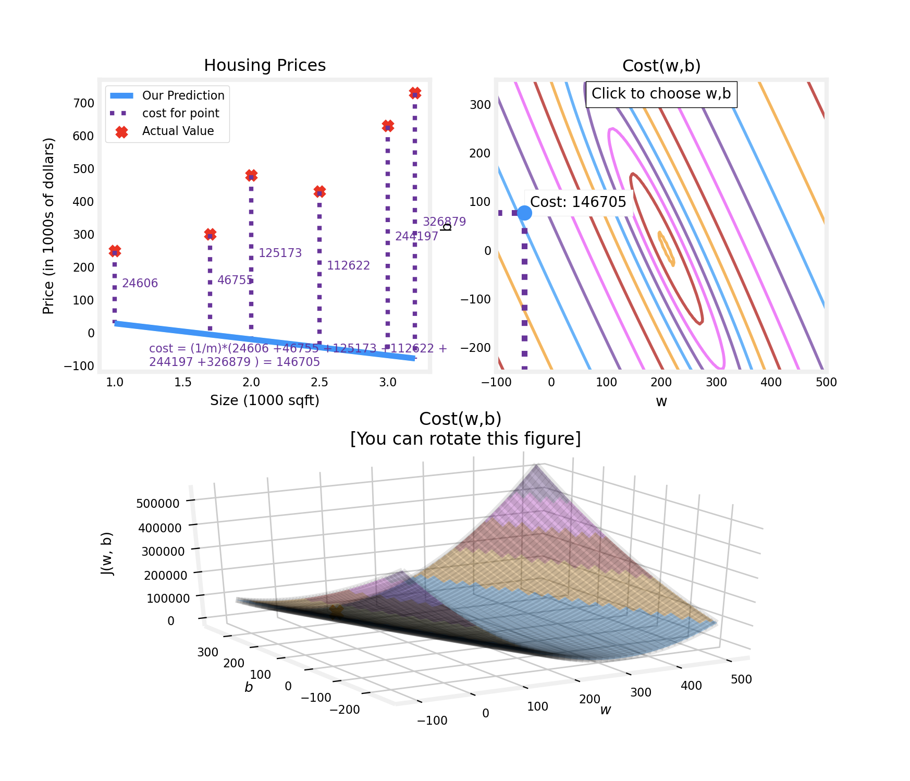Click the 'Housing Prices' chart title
(x=265, y=65)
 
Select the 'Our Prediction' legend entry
(x=183, y=95)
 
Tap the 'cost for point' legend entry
(x=180, y=113)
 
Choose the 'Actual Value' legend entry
(x=178, y=131)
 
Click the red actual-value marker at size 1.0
(x=115, y=251)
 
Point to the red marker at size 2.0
(x=251, y=176)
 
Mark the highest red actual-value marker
(x=415, y=93)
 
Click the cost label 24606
(x=140, y=283)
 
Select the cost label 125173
(x=280, y=253)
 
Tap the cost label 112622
(x=348, y=265)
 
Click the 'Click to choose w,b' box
(x=661, y=94)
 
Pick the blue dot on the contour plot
(x=524, y=213)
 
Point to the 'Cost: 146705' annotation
(x=578, y=202)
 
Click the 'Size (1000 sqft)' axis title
(x=265, y=400)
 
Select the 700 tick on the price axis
(x=84, y=103)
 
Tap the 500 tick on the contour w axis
(x=826, y=382)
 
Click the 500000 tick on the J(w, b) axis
(x=157, y=503)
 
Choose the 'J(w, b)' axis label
(x=107, y=554)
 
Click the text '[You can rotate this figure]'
(x=465, y=439)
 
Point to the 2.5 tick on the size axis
(x=319, y=382)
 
